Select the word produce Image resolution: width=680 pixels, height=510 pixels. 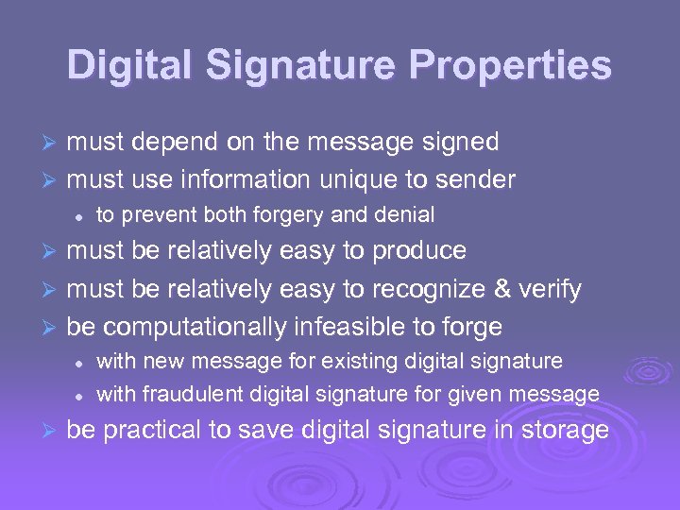418,251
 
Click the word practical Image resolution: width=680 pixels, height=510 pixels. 152,431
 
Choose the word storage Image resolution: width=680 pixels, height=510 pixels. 564,431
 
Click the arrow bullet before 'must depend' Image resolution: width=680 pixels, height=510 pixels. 53,144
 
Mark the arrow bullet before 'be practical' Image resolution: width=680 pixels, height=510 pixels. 53,432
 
